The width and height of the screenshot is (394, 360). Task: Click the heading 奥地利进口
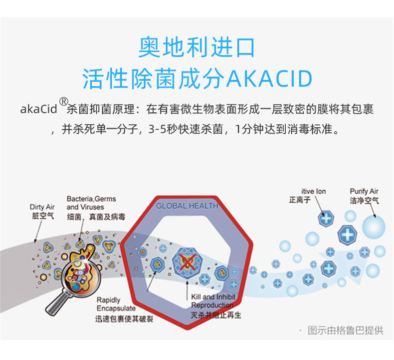click(197, 47)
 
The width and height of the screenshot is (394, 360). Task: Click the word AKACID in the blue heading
click(269, 79)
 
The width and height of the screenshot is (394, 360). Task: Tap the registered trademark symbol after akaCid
click(63, 102)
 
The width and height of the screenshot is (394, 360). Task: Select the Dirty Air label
click(42, 207)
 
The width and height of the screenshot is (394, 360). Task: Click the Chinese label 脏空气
click(43, 216)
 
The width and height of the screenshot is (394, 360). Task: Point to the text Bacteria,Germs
click(91, 199)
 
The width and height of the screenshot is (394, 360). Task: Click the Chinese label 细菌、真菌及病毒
click(96, 217)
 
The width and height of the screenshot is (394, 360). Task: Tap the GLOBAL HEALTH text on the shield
click(187, 206)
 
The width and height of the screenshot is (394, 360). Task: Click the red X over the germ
click(188, 262)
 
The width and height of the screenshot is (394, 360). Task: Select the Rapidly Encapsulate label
click(116, 304)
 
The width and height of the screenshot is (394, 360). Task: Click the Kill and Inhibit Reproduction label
click(213, 301)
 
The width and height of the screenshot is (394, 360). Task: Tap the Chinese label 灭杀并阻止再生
click(216, 315)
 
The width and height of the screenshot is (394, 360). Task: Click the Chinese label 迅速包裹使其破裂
click(124, 319)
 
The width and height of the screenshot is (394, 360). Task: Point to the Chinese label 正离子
click(300, 200)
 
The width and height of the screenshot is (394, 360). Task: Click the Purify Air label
click(364, 191)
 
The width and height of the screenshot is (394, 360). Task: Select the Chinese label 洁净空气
click(365, 201)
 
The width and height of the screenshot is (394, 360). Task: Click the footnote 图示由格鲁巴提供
click(346, 331)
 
